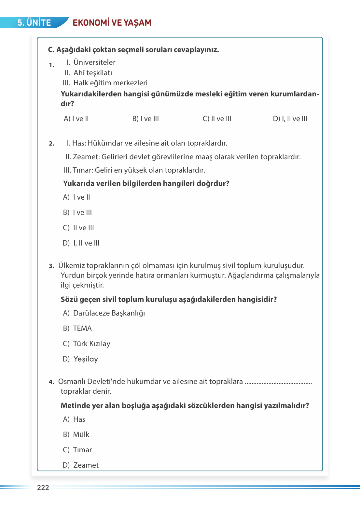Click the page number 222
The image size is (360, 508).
[43, 487]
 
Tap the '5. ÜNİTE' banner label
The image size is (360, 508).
[34, 22]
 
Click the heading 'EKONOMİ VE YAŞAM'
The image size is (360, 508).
[112, 22]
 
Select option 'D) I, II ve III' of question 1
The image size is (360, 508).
[290, 119]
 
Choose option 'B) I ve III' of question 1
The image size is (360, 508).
[145, 119]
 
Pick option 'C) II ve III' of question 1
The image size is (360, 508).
[217, 119]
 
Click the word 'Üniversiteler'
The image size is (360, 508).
[94, 62]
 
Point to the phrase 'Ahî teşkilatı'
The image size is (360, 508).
[93, 73]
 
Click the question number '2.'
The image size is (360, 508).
[51, 144]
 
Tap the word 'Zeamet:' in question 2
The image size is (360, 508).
[86, 157]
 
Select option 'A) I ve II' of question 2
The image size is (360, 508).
[76, 197]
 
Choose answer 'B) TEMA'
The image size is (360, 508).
[77, 329]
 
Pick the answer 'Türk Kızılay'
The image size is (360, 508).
[91, 344]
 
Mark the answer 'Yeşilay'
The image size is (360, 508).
[86, 359]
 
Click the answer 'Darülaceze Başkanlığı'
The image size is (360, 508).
[109, 313]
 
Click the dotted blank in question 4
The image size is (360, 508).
[278, 382]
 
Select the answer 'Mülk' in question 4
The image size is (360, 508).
[81, 435]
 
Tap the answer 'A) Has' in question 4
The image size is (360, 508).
[74, 419]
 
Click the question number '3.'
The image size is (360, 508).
[51, 266]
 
